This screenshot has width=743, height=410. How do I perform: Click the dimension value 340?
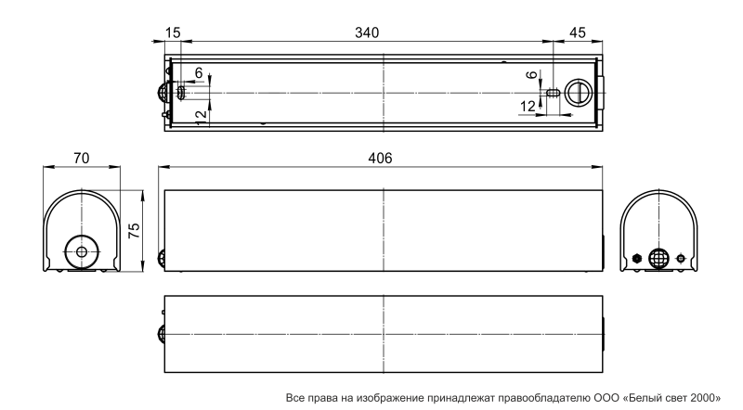[x=367, y=32]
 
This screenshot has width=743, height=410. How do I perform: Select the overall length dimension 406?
[x=380, y=158]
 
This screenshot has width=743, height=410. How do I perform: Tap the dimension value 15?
[x=173, y=32]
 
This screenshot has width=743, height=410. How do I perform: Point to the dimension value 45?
[x=577, y=32]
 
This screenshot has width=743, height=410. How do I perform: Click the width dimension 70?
[x=81, y=158]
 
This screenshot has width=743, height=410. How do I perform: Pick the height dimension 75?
[x=134, y=230]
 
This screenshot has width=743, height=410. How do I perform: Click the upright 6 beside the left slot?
[x=199, y=73]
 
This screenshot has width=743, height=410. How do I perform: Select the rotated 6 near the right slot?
[x=532, y=74]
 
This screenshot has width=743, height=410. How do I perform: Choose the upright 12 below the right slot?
[x=528, y=107]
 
